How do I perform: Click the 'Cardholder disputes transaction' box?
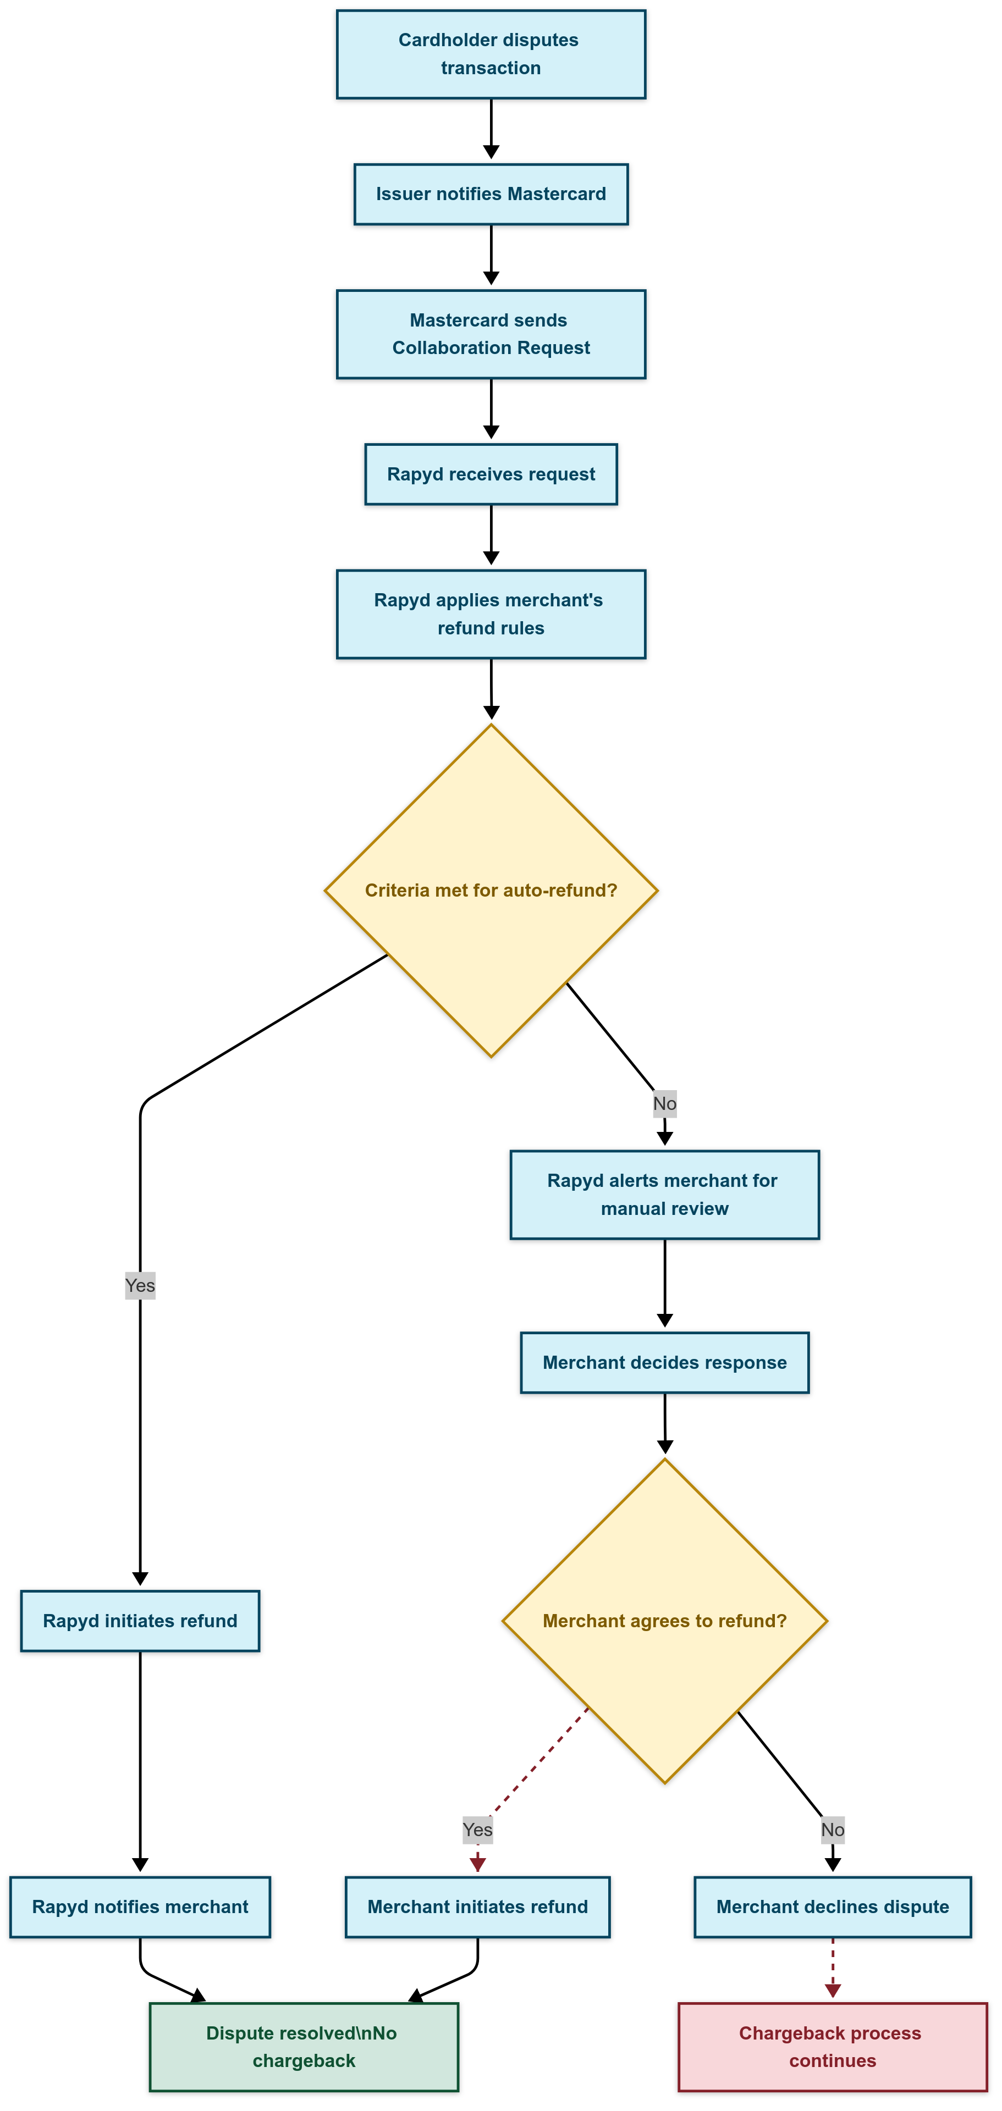tap(491, 54)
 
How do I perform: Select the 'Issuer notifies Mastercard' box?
tap(491, 194)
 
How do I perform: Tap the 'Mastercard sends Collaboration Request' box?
tap(491, 334)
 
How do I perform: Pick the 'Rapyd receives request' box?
tap(491, 474)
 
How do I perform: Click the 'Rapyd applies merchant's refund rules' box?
tap(491, 614)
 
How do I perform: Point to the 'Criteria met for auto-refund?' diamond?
tap(491, 890)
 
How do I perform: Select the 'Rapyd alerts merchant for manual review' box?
tap(664, 1194)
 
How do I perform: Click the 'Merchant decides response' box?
tap(664, 1362)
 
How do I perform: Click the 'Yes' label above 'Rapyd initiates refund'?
tap(140, 1285)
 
